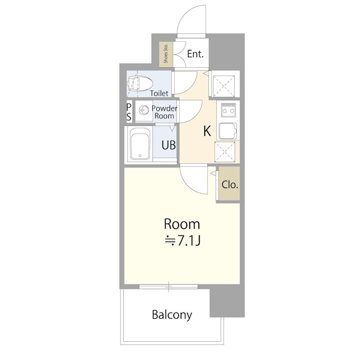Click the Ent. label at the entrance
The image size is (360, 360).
(x=195, y=54)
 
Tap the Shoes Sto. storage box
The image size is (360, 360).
(x=166, y=54)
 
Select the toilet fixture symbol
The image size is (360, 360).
(x=140, y=83)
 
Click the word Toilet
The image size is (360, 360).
(x=159, y=93)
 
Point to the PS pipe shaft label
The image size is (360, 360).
(x=129, y=112)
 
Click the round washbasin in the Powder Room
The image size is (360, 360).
(x=144, y=110)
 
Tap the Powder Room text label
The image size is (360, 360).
(x=164, y=112)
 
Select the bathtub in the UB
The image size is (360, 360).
(x=140, y=144)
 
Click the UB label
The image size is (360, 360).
(x=169, y=145)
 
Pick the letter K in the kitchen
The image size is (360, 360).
(x=207, y=131)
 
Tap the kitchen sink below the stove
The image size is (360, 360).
(x=228, y=131)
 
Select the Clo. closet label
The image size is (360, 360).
(x=229, y=184)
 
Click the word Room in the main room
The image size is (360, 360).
(x=182, y=224)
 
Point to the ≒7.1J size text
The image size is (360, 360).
(x=183, y=241)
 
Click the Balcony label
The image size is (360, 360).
(x=172, y=315)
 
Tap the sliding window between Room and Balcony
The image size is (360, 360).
(x=168, y=286)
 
